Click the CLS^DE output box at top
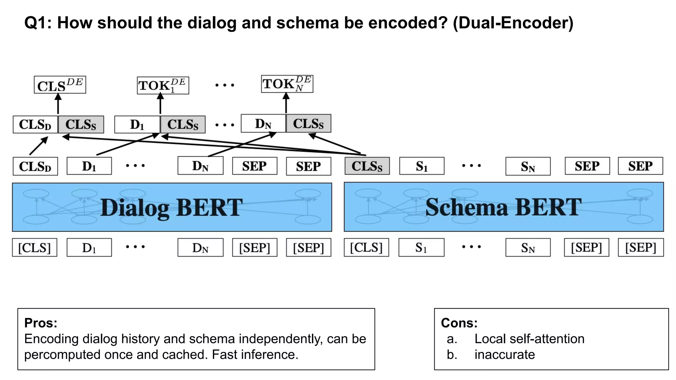(60, 85)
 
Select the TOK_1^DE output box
(163, 85)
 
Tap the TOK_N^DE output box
(287, 84)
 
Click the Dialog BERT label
(172, 207)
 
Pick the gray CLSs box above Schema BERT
(367, 166)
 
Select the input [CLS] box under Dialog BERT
(35, 247)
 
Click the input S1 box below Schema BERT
(421, 247)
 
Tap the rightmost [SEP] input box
(640, 247)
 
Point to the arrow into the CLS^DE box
(58, 104)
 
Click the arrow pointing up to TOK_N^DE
(286, 103)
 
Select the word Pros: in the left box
(41, 323)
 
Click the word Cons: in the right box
(459, 323)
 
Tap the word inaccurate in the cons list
(504, 355)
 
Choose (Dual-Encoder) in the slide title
(513, 23)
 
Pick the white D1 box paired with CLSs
(137, 124)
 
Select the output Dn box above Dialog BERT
(200, 166)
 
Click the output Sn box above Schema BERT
(527, 166)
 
